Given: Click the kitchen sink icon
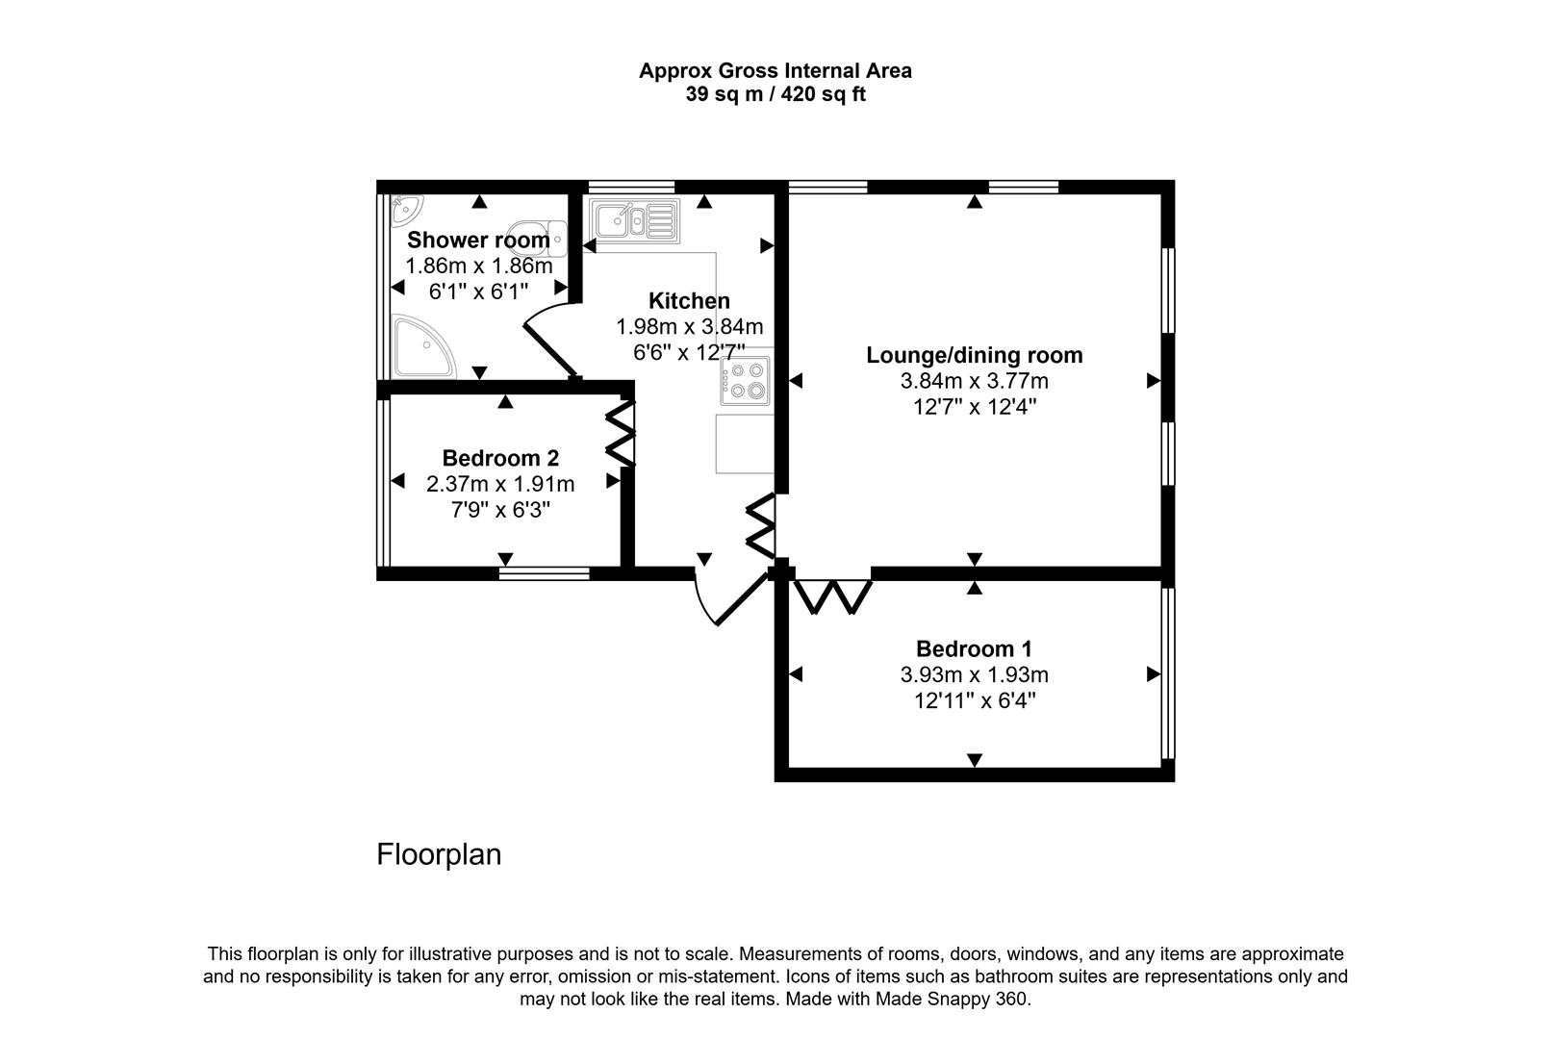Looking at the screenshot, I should click(x=634, y=220).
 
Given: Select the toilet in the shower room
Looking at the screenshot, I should click(x=547, y=238).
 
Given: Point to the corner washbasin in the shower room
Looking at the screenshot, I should click(x=407, y=205).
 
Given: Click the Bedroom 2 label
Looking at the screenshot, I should click(x=500, y=458).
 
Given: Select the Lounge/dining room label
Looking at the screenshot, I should click(x=974, y=355).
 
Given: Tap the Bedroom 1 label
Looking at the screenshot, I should click(x=974, y=648).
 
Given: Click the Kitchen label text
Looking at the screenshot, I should click(x=689, y=300).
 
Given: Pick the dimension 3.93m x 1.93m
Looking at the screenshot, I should click(x=974, y=674).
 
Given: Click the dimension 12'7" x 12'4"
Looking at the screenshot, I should click(x=974, y=406).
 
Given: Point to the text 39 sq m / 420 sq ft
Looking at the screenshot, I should click(x=775, y=94).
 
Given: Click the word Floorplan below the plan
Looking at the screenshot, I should click(x=439, y=854).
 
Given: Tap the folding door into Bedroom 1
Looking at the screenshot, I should click(x=833, y=596).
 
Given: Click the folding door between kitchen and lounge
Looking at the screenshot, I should click(x=761, y=526).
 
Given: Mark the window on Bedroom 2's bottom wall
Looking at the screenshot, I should click(x=545, y=573).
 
